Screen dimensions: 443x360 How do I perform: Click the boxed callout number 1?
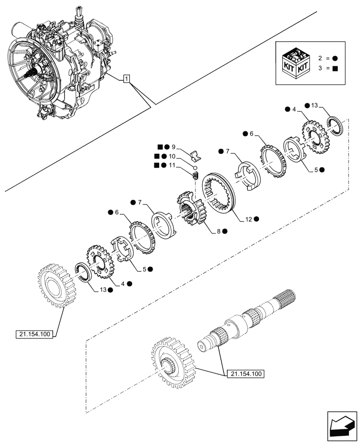(127, 79)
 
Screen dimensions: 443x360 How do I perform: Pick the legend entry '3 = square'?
(328, 68)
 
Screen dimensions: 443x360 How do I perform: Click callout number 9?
(173, 147)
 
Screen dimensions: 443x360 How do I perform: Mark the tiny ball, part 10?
(194, 167)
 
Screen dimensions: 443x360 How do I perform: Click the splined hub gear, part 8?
(191, 209)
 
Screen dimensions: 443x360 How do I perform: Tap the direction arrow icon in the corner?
(341, 426)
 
